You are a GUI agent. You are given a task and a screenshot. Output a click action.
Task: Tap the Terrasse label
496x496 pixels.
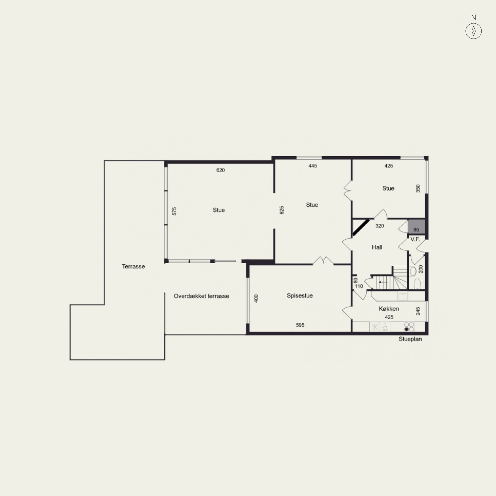click(133, 266)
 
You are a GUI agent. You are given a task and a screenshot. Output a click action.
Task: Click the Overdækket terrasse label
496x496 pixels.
click(202, 296)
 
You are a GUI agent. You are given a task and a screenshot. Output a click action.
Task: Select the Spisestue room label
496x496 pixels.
click(300, 296)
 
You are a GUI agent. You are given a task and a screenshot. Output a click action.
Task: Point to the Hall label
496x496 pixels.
click(377, 247)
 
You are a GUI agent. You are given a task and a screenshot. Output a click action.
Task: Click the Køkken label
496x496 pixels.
click(389, 309)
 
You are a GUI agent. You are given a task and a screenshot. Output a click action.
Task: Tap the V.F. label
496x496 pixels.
click(415, 239)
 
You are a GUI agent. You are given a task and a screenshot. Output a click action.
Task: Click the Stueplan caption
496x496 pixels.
click(410, 339)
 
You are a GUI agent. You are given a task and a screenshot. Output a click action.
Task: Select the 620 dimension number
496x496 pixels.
click(220, 170)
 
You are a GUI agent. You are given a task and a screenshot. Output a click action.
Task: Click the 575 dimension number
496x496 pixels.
click(175, 211)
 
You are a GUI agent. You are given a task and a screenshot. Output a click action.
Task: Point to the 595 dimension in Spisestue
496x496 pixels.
click(300, 325)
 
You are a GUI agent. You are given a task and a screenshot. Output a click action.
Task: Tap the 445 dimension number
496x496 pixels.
click(313, 166)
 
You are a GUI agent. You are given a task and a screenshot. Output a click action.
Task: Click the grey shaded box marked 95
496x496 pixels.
click(416, 227)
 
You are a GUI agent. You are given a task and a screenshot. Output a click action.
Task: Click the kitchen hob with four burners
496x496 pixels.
click(409, 327)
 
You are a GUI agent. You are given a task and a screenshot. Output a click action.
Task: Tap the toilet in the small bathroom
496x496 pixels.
click(417, 284)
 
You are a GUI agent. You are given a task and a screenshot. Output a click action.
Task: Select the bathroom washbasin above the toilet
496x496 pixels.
click(413, 271)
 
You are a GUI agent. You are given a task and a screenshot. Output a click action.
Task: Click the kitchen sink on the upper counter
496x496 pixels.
click(403, 296)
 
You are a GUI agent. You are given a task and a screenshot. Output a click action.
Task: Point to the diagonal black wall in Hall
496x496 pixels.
click(361, 228)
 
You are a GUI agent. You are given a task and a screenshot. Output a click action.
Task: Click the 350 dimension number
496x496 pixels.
click(418, 188)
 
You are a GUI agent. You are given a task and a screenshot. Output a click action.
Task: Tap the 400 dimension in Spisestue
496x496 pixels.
click(256, 298)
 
